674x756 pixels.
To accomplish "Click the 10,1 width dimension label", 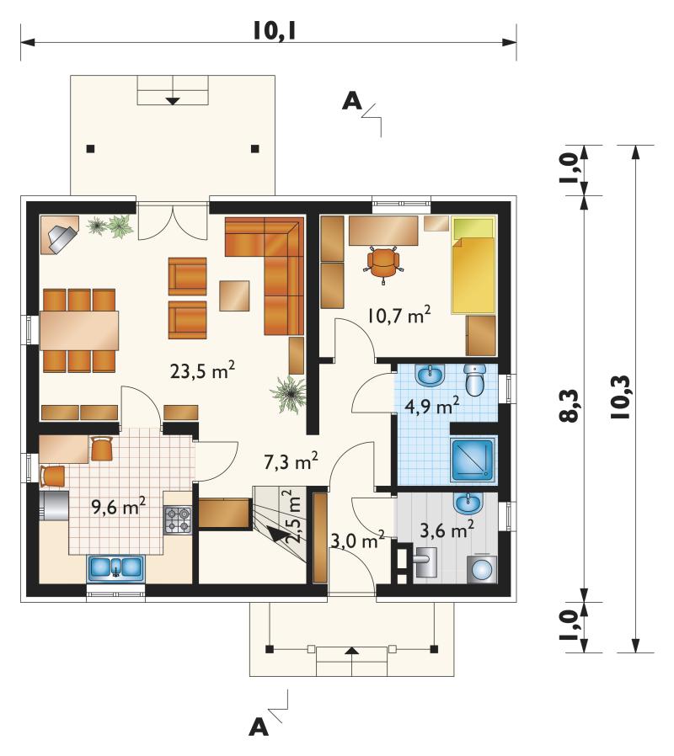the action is click(x=274, y=31).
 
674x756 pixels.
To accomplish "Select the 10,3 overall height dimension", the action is click(x=621, y=397).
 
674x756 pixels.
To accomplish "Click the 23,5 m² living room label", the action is click(x=203, y=370).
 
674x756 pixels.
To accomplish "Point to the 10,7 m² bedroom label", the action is click(x=399, y=316).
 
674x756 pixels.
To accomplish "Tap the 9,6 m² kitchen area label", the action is click(x=119, y=506).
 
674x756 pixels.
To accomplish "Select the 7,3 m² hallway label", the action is click(x=291, y=461).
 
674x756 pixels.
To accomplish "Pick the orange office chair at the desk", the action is click(x=384, y=264).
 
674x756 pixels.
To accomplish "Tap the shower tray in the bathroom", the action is click(x=473, y=460).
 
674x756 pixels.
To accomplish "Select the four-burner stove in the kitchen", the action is click(x=178, y=519).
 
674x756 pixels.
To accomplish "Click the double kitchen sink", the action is click(x=115, y=567).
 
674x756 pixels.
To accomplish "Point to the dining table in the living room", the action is click(x=79, y=330).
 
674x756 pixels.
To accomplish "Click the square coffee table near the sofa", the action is click(x=234, y=295).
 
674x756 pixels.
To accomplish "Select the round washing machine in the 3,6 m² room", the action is click(x=482, y=570).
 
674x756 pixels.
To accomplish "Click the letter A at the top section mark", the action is click(x=351, y=101).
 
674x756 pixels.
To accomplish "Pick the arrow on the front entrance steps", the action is click(x=352, y=651).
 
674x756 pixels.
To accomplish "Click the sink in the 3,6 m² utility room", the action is click(x=468, y=503).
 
